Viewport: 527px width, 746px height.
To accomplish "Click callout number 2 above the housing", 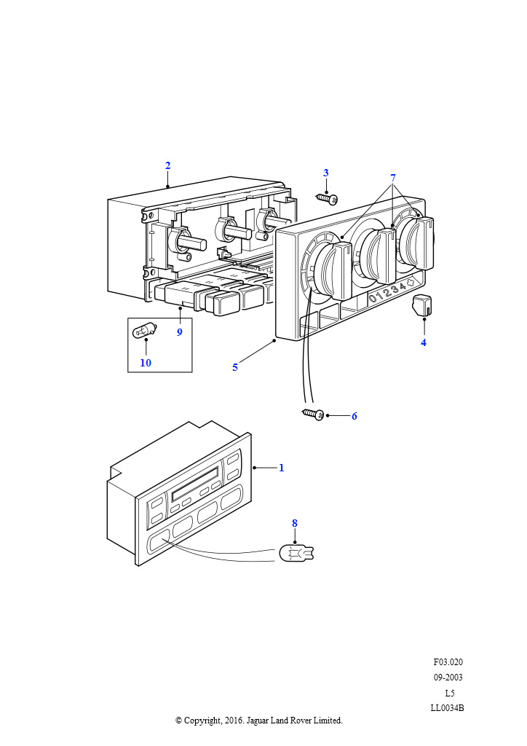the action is (167, 165).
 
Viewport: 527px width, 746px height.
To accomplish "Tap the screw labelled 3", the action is (327, 198).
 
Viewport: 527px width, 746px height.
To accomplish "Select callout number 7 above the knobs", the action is (393, 178).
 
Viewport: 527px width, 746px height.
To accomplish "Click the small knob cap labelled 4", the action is (422, 305).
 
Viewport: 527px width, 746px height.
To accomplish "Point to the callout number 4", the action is (424, 342).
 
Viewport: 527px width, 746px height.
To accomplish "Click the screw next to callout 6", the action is (313, 414).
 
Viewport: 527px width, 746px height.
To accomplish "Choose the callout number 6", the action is (354, 416).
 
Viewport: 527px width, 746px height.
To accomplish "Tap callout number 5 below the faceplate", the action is (235, 368).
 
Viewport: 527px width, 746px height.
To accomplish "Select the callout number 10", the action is (146, 363).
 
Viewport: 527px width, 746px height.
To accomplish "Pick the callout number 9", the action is (180, 332).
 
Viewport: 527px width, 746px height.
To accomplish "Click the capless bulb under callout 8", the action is (296, 554).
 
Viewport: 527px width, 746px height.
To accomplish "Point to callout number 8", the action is (295, 523).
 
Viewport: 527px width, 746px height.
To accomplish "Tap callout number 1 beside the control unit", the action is (281, 468).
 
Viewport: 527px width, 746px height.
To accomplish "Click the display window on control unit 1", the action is (195, 482).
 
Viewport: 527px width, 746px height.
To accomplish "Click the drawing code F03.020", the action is (448, 661).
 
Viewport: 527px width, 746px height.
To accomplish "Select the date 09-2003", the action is (448, 677).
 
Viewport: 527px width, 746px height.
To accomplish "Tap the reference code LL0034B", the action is (447, 707).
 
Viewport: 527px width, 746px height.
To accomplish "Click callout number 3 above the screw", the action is (326, 173).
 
